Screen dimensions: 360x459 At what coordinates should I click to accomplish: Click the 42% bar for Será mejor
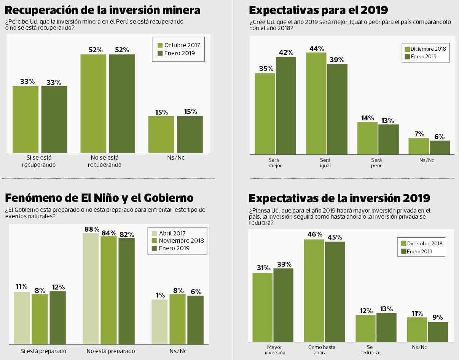tap(286, 106)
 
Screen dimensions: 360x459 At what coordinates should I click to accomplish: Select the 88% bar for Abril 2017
tap(91, 288)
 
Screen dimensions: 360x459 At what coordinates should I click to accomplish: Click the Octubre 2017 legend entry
tap(178, 45)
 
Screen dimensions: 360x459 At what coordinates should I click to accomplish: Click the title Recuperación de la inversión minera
tap(102, 10)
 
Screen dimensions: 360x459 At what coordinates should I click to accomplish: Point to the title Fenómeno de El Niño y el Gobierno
tap(99, 198)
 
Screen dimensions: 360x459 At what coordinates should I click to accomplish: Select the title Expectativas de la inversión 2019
tap(339, 198)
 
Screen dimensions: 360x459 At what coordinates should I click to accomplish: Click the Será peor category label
tap(376, 163)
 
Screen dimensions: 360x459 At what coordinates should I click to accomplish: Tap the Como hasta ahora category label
tap(322, 350)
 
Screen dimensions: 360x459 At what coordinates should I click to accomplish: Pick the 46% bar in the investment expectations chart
tap(314, 290)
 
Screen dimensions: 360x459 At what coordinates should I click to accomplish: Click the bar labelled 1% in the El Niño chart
tap(159, 322)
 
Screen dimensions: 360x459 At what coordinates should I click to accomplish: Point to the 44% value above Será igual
tap(317, 49)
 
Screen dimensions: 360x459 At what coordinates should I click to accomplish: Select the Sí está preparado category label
tap(43, 351)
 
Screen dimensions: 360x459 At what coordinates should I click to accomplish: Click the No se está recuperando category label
tap(104, 161)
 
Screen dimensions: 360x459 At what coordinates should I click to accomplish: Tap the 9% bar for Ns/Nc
tap(438, 332)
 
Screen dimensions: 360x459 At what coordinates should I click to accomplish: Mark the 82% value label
tap(126, 234)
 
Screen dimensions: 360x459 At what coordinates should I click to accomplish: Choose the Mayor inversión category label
tap(274, 350)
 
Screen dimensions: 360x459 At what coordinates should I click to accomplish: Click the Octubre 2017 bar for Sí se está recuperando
tap(25, 119)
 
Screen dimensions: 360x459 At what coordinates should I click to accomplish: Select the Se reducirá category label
tap(370, 350)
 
